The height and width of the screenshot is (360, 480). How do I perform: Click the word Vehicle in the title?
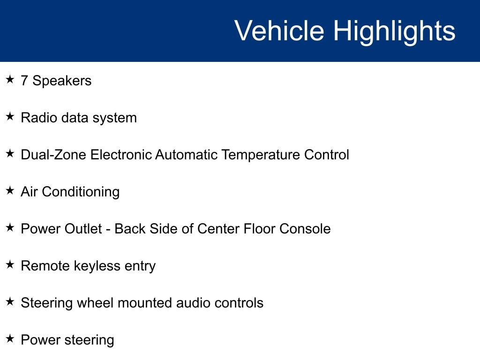[279, 30]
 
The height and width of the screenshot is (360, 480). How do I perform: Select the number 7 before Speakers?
[24, 81]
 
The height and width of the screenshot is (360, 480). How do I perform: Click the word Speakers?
[62, 81]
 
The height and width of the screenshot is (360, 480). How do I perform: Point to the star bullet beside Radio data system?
[10, 116]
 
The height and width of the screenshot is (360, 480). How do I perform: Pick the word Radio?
[39, 118]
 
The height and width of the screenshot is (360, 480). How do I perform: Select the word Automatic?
[186, 155]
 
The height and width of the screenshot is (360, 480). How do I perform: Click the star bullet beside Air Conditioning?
[10, 190]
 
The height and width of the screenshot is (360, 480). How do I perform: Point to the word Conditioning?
[81, 192]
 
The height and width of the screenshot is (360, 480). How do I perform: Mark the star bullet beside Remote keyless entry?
[10, 264]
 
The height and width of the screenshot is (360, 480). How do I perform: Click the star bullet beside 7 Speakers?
[10, 79]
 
